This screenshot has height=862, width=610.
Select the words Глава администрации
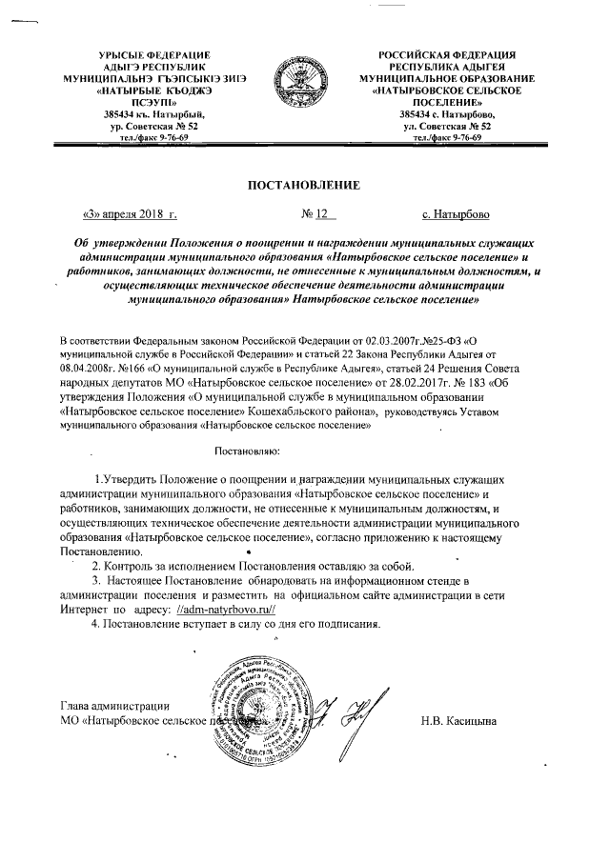[115, 706]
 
